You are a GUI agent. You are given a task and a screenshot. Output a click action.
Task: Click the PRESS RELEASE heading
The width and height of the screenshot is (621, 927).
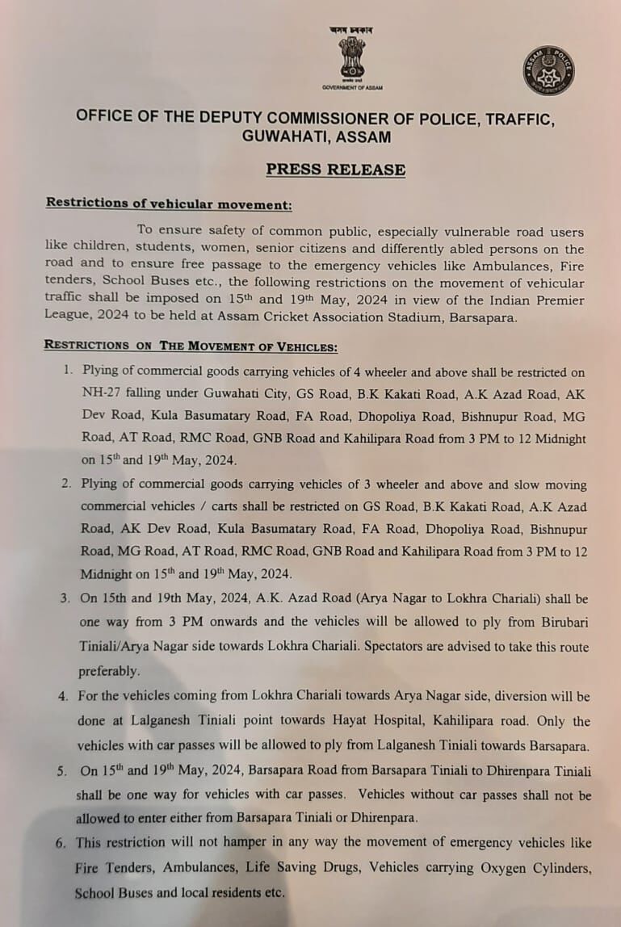click(336, 170)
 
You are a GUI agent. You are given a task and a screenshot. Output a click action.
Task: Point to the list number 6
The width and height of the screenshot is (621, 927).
click(61, 843)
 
